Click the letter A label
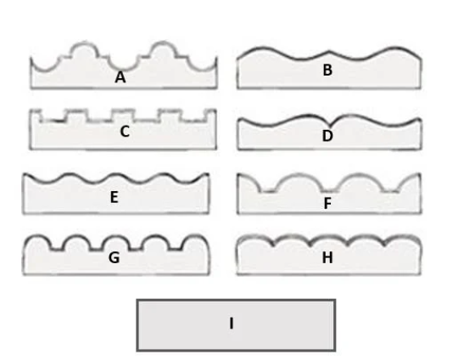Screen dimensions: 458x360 coord(120,77)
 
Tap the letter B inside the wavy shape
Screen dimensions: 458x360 coord(327,70)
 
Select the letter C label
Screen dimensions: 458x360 coord(125,132)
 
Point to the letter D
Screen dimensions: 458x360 coord(327,136)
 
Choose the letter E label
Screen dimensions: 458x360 coord(114,197)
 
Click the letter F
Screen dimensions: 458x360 coord(327,203)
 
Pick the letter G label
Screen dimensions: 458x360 coord(114,257)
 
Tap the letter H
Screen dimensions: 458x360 coord(327,257)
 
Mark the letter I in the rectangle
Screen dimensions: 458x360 coord(232,323)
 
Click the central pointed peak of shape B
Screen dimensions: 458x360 coord(328,52)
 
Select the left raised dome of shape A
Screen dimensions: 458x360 coord(85,49)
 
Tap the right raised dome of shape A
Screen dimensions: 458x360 coord(163,49)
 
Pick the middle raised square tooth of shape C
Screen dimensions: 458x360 coord(123,115)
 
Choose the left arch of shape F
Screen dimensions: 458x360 coord(299,182)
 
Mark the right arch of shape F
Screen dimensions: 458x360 coord(360,182)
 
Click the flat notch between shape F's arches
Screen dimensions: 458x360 coord(329,191)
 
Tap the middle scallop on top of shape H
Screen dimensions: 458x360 coord(328,239)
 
